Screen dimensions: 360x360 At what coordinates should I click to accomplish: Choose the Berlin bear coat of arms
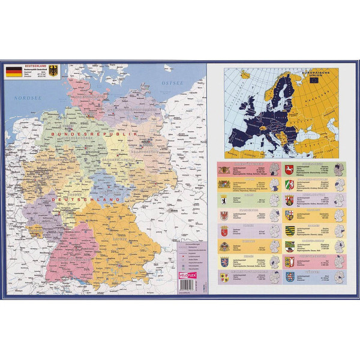click(224, 199)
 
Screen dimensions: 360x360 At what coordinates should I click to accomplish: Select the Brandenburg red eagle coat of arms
click(224, 215)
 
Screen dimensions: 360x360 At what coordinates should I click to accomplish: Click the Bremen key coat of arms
click(224, 230)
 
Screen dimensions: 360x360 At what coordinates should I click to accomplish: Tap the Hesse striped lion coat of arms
click(224, 262)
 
